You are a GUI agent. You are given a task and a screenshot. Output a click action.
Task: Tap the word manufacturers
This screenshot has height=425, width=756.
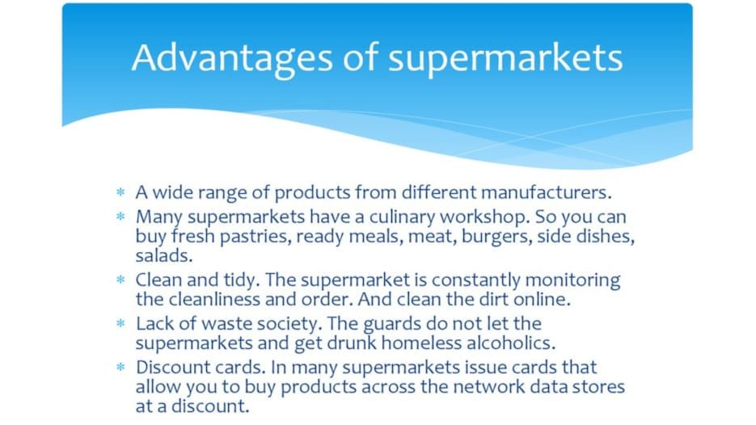(547, 192)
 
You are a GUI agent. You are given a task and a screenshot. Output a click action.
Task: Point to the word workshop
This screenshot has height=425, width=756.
(484, 217)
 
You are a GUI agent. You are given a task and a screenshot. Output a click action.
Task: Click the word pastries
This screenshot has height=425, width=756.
(256, 237)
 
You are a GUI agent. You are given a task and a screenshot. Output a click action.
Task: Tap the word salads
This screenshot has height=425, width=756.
(164, 255)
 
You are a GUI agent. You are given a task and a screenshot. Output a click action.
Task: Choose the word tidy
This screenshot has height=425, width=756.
(242, 280)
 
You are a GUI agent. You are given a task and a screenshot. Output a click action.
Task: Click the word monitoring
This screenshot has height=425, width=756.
(572, 280)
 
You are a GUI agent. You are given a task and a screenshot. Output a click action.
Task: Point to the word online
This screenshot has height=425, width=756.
(542, 299)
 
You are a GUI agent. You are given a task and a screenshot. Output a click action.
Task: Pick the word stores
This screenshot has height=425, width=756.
(599, 387)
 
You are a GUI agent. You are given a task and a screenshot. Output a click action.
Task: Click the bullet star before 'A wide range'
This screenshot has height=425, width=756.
(120, 192)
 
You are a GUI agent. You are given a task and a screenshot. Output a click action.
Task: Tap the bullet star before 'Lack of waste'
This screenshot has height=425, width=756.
(120, 323)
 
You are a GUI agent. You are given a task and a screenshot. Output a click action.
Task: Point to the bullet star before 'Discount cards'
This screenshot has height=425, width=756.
(120, 367)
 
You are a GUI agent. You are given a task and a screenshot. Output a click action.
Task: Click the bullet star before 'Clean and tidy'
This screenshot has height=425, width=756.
(120, 280)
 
